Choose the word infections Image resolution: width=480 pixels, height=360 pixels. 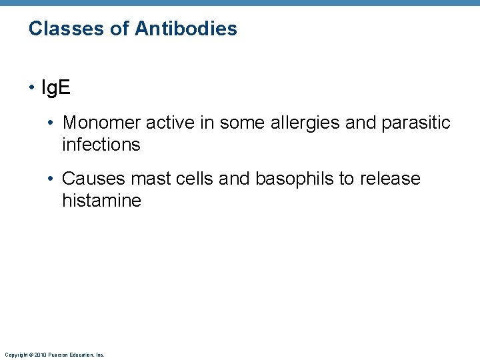pyautogui.click(x=101, y=144)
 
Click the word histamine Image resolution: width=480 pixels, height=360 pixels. pyautogui.click(x=102, y=200)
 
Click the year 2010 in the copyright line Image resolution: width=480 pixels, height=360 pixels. pyautogui.click(x=38, y=355)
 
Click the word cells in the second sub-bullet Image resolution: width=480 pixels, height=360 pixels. pyautogui.click(x=193, y=179)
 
